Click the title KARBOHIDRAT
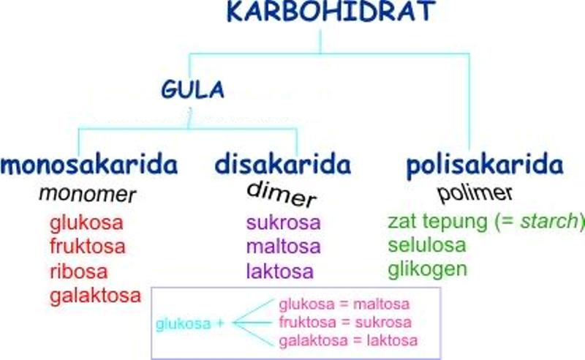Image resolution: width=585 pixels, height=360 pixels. click(x=331, y=11)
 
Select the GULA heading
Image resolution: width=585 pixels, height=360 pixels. click(x=192, y=89)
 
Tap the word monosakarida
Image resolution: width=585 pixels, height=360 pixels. click(x=89, y=165)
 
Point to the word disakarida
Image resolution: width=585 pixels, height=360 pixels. click(x=283, y=165)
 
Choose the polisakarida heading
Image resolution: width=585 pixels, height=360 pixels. click(x=485, y=165)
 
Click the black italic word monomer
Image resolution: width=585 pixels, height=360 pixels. click(x=87, y=194)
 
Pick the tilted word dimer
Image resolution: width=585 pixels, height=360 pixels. click(x=282, y=194)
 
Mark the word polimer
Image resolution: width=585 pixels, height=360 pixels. click(x=475, y=193)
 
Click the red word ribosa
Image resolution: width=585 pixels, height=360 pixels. click(x=79, y=271)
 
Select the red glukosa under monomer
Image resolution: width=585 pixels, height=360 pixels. click(x=86, y=223)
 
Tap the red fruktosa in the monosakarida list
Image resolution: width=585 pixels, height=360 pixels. click(x=88, y=247)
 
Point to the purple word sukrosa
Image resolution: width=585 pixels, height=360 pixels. click(x=284, y=223)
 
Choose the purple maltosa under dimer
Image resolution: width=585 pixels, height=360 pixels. click(x=284, y=247)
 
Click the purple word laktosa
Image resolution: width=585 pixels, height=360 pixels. click(x=280, y=271)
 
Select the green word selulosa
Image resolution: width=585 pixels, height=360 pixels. click(x=427, y=245)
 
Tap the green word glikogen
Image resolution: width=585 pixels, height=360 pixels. click(x=428, y=269)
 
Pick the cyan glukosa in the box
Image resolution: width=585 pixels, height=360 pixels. click(x=184, y=323)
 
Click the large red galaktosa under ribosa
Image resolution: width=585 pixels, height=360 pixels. click(x=96, y=296)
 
